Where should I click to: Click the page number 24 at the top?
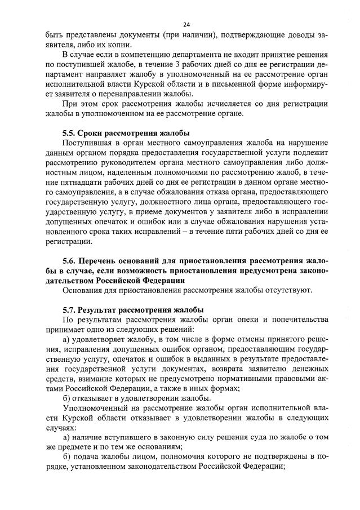pos(186,24)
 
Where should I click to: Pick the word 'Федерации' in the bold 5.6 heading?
pos(158,280)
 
